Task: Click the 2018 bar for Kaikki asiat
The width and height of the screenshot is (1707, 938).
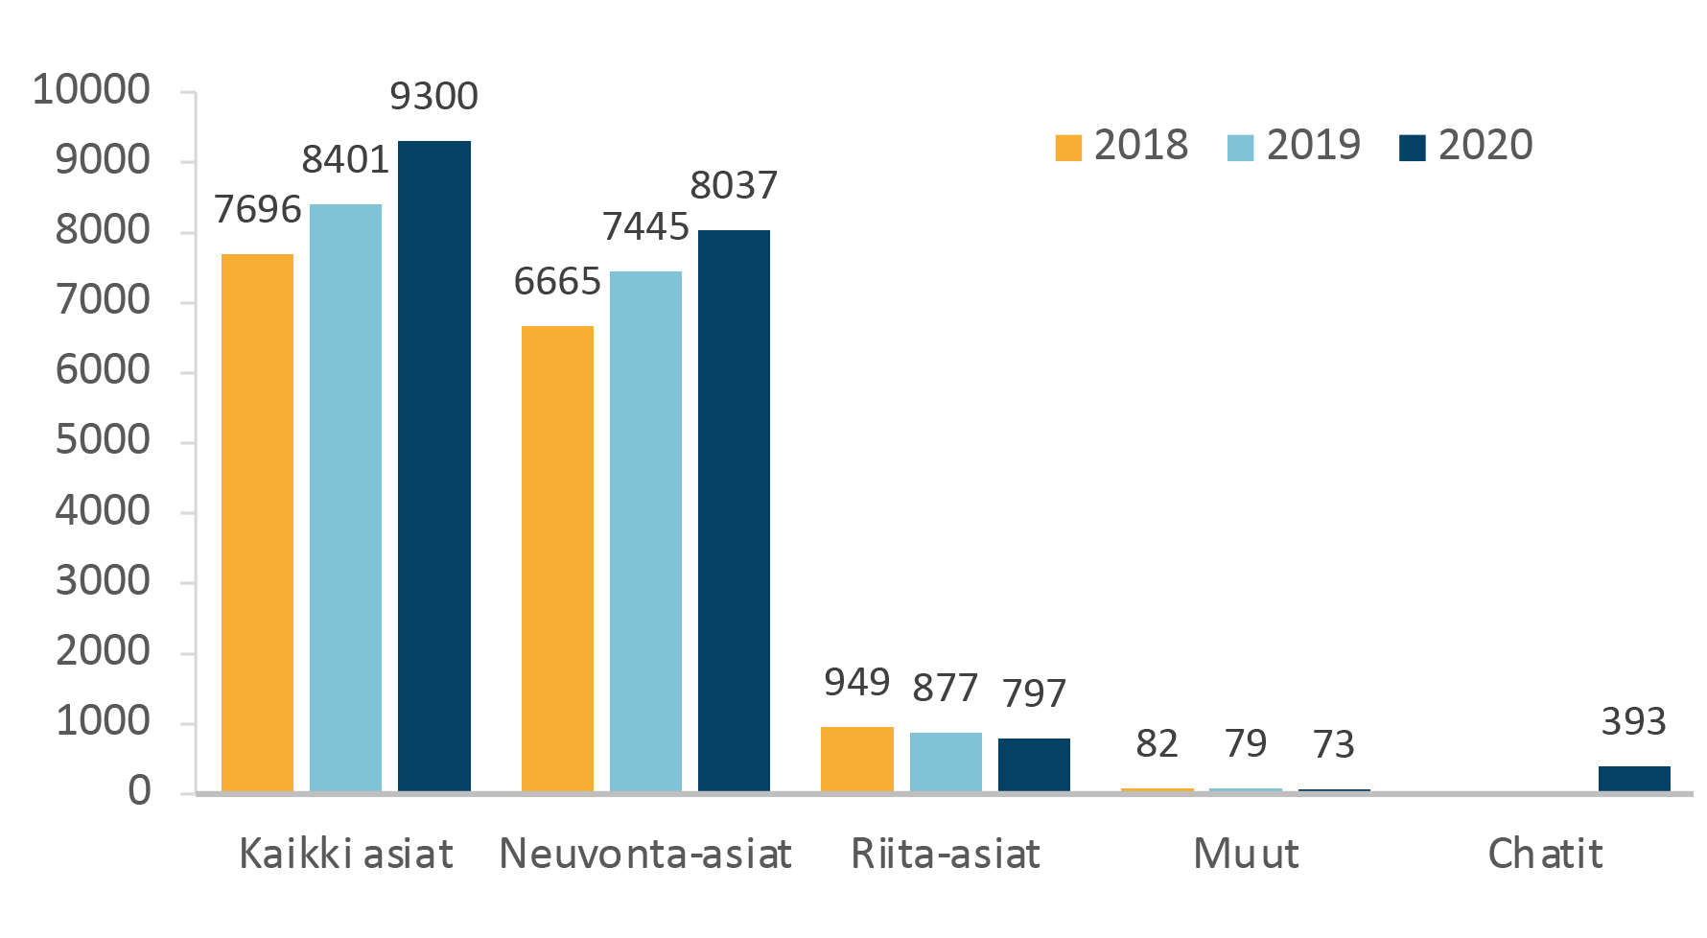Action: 257,523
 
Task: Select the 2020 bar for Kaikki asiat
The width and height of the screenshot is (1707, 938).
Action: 434,466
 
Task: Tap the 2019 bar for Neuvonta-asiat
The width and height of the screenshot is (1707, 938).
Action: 645,531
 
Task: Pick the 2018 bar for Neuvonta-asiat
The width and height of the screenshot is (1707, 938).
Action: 557,559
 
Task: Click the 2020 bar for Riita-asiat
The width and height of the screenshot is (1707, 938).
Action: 1034,765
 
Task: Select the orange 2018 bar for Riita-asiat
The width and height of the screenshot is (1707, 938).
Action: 856,759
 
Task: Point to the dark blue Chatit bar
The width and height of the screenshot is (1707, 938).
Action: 1634,779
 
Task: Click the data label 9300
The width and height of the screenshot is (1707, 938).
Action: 433,97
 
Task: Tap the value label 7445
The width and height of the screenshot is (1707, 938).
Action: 645,227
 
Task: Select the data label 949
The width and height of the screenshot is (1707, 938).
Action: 856,683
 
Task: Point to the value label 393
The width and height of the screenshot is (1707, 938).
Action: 1633,722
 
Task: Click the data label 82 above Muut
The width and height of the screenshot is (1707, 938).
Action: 1157,744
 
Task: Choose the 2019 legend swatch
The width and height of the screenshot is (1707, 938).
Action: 1240,148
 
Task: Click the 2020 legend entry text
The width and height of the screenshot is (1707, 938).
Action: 1485,146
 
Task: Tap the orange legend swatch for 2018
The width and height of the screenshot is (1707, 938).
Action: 1067,148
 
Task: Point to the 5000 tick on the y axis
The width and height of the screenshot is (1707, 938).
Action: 103,441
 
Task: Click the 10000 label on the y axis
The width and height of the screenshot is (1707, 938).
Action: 91,90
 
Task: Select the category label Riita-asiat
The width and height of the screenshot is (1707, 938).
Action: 946,854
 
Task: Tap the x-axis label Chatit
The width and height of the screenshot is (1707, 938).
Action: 1545,854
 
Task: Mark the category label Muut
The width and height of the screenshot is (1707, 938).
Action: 1246,854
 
